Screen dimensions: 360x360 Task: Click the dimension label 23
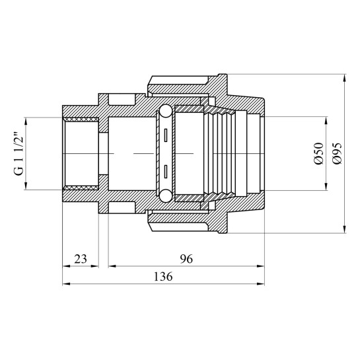[x=81, y=259]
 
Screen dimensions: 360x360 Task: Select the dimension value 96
[x=186, y=259]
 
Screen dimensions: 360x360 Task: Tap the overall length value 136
[x=163, y=277]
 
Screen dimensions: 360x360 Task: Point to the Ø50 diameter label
[x=318, y=153]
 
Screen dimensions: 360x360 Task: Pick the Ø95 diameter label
[x=337, y=153]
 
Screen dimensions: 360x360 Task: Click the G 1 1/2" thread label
[x=19, y=154]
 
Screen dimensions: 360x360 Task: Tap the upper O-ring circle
[x=166, y=111]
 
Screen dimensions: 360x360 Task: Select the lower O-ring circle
[x=166, y=196]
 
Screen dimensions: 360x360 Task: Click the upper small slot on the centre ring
[x=165, y=135]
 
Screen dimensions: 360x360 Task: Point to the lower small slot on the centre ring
[x=165, y=172]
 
